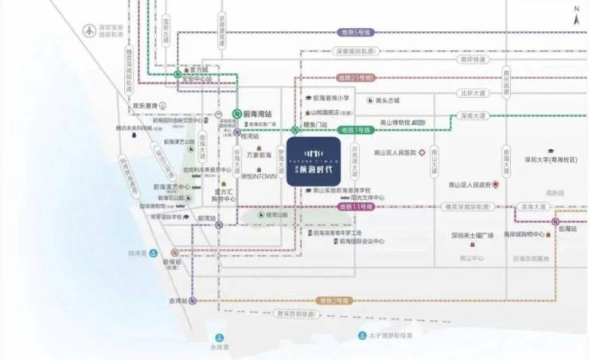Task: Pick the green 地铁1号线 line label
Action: (355, 128)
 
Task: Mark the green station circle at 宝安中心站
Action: (178, 75)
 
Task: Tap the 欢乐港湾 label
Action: (148, 104)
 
